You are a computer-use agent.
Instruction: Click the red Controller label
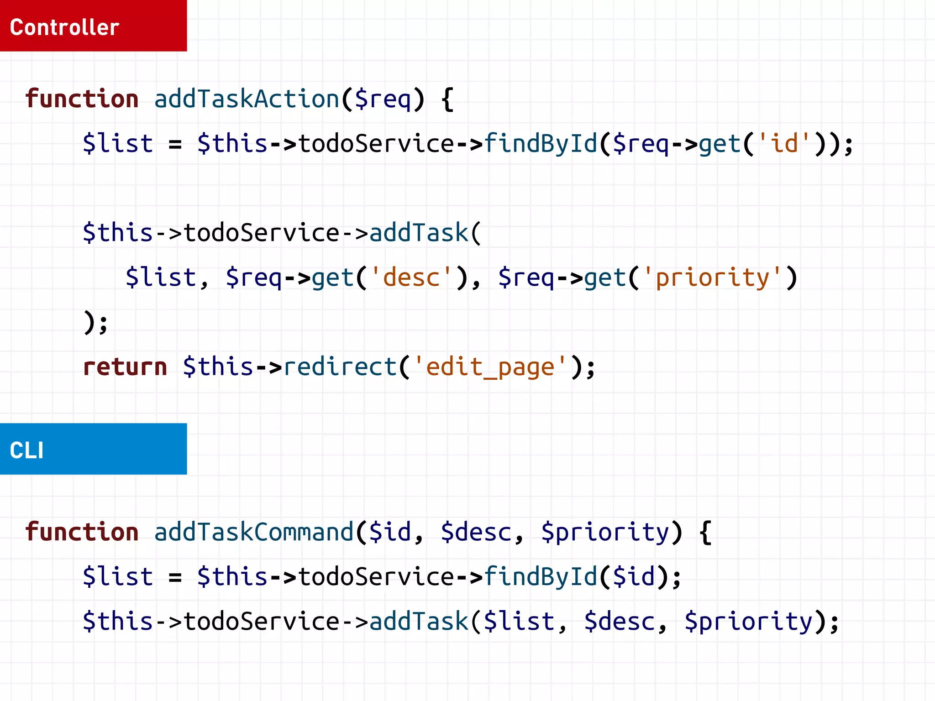pos(93,26)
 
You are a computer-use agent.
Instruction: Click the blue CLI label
pos(93,449)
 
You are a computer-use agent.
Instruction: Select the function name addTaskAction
pos(247,99)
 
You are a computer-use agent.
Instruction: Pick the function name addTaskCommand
pos(254,532)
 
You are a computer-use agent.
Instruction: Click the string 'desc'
pos(412,277)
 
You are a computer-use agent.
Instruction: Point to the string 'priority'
pos(712,277)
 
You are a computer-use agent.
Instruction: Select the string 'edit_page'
pos(490,367)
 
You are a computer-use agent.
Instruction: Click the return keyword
pos(125,367)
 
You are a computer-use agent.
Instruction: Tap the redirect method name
pos(340,367)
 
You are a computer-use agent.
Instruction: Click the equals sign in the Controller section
pos(175,144)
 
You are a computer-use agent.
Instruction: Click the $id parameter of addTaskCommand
pos(390,532)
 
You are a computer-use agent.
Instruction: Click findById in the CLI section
pos(540,576)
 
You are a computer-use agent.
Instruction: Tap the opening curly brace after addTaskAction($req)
pos(447,99)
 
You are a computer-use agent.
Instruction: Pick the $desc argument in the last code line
pos(620,622)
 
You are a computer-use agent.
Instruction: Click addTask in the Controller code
pos(419,233)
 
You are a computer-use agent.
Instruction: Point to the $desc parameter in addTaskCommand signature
pos(476,532)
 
